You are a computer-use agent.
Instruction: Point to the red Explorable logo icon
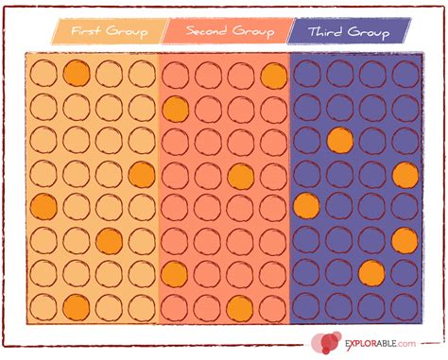(326, 343)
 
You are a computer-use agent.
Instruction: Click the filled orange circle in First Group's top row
(77, 74)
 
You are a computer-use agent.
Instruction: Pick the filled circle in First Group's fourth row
(142, 174)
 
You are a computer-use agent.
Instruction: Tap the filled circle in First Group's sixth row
(109, 240)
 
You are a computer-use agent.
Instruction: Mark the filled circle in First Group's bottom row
(77, 306)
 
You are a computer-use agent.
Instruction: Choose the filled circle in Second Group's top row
(274, 74)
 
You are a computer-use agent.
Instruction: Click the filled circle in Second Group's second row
(175, 108)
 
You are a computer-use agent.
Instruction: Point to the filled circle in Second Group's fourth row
(241, 174)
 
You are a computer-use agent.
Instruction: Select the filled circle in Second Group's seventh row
(175, 273)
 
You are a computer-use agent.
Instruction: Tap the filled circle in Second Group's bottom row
(241, 306)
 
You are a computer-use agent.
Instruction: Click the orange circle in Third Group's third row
(339, 141)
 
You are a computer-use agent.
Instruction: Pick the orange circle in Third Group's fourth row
(405, 174)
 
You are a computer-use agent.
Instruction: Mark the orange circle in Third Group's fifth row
(306, 207)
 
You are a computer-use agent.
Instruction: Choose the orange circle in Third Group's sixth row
(405, 240)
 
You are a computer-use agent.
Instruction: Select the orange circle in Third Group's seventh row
(372, 273)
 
